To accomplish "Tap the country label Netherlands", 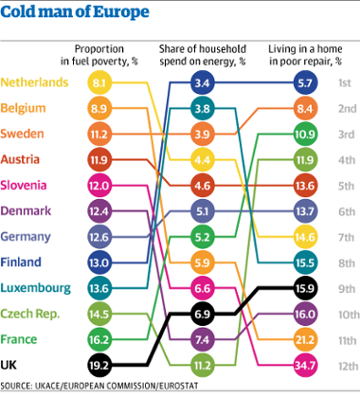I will pos(34,83).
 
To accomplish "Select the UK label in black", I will pos(12,361).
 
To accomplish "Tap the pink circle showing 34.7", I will pos(304,363).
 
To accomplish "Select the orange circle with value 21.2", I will pos(304,338).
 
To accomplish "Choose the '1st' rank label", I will pos(348,83).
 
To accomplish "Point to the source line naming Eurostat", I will pos(104,386).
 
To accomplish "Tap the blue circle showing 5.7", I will pos(304,83).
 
